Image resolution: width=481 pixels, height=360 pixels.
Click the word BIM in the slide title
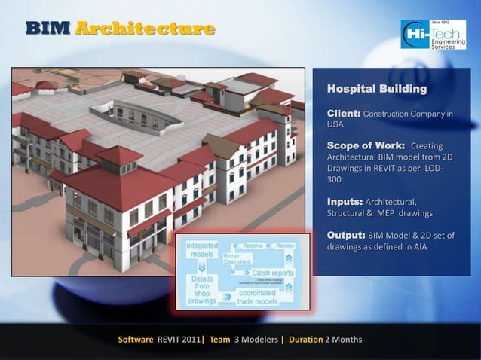pyautogui.click(x=47, y=29)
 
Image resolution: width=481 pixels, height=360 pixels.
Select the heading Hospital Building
pyautogui.click(x=376, y=90)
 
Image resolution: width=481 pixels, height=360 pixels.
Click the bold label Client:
pyautogui.click(x=344, y=113)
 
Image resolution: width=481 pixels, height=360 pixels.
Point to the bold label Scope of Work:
pyautogui.click(x=366, y=145)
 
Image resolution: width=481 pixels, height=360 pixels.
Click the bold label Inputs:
pyautogui.click(x=345, y=202)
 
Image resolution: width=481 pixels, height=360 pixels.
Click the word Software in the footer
pyautogui.click(x=136, y=340)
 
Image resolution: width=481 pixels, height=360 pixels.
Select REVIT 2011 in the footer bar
pyautogui.click(x=179, y=340)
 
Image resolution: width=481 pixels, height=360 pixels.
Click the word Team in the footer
pyautogui.click(x=220, y=340)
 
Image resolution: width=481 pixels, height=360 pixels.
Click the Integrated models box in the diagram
pyautogui.click(x=202, y=250)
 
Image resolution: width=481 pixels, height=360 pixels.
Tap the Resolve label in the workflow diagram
pyautogui.click(x=253, y=246)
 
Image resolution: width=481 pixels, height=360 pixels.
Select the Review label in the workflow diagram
pyautogui.click(x=285, y=246)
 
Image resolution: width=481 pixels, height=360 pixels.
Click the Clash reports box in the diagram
pyautogui.click(x=272, y=273)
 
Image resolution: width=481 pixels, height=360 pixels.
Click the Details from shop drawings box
pyautogui.click(x=202, y=289)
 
